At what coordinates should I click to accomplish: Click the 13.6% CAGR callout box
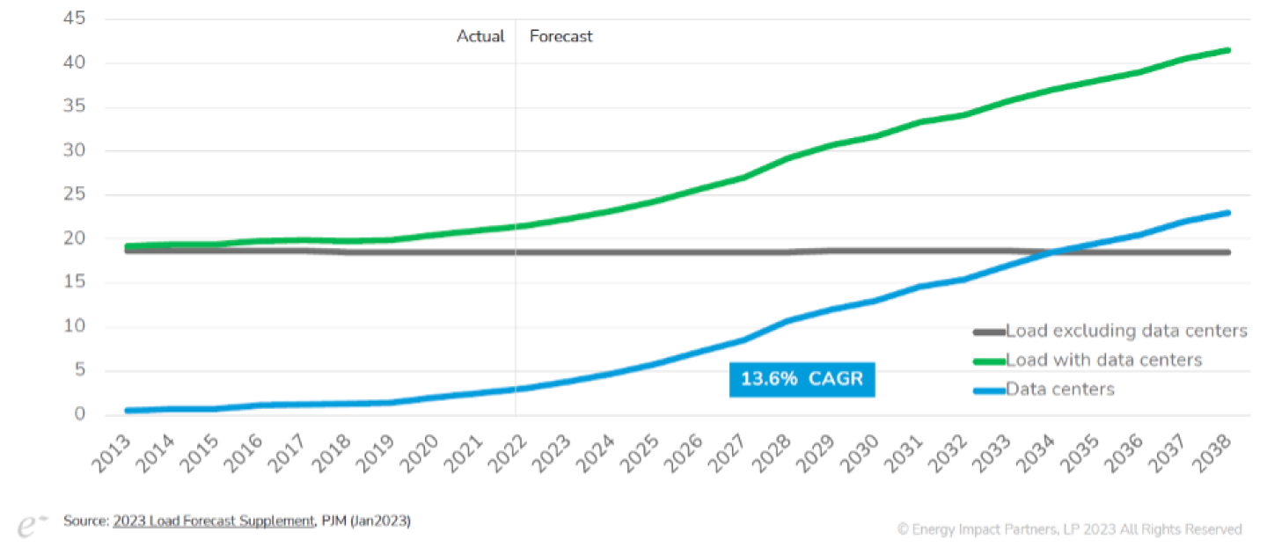(802, 379)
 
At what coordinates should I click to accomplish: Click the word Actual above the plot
(480, 36)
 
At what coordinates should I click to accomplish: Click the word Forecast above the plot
(560, 36)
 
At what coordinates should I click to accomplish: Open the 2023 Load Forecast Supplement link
(213, 521)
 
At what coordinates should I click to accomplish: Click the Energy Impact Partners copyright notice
(1069, 529)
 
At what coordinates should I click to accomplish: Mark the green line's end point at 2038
(1228, 50)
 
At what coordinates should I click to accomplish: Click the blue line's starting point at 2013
(128, 411)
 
